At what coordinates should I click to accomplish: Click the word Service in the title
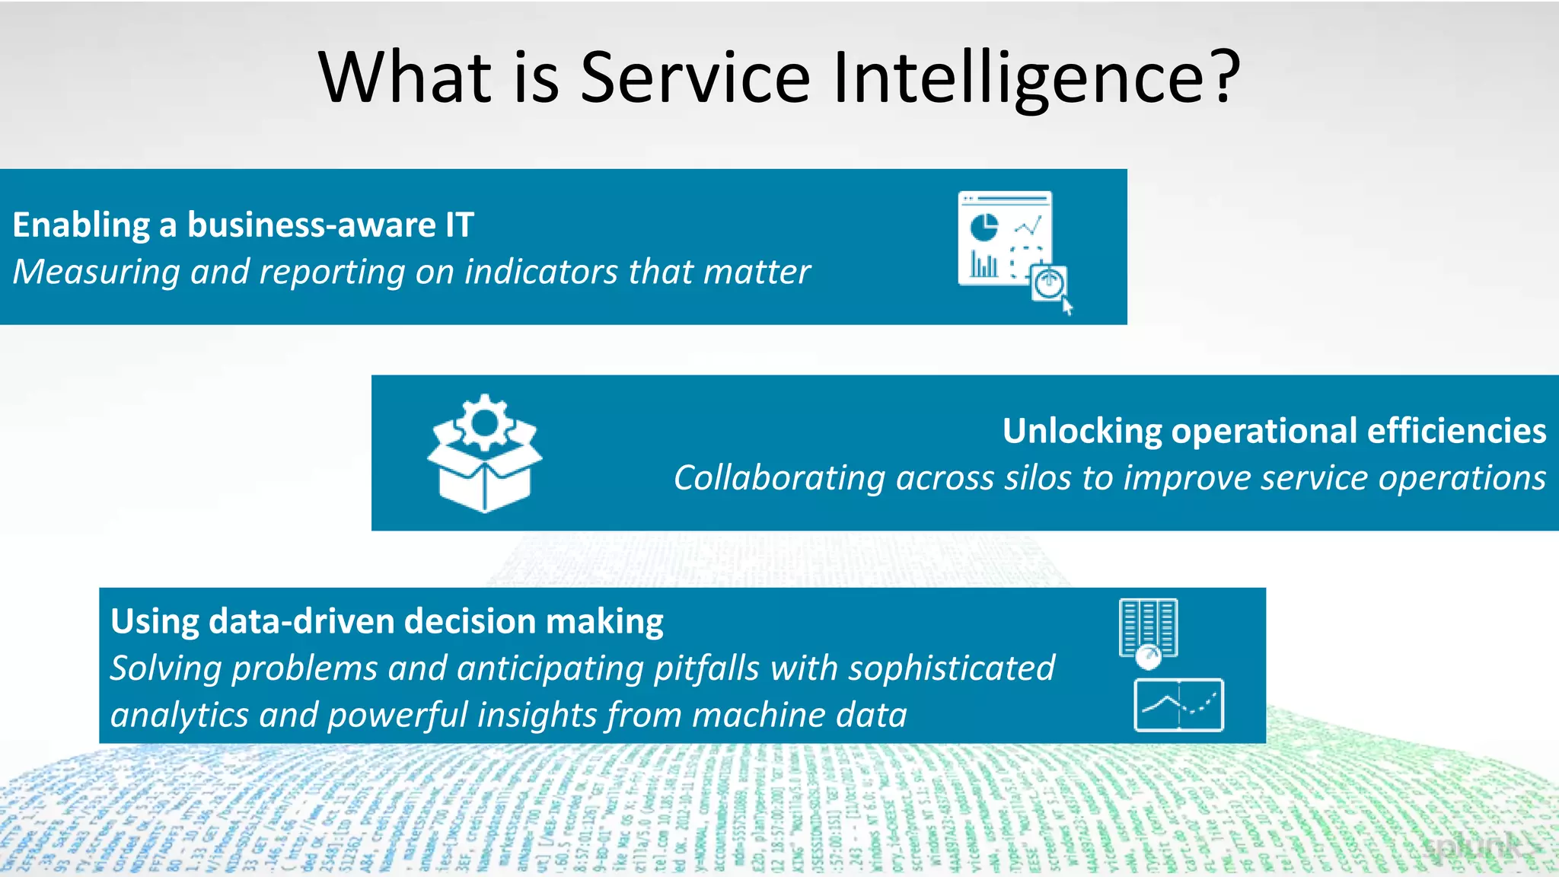pyautogui.click(x=694, y=78)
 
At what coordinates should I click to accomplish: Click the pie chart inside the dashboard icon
pyautogui.click(x=984, y=226)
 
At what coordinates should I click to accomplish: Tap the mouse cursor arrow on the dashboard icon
pyautogui.click(x=1067, y=307)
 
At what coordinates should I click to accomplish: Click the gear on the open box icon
pyautogui.click(x=485, y=421)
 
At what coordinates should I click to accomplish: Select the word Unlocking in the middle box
pyautogui.click(x=1082, y=431)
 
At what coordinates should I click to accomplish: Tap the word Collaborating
pyautogui.click(x=779, y=478)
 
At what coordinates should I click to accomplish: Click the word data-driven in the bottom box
pyautogui.click(x=301, y=621)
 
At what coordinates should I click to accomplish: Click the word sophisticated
pyautogui.click(x=952, y=668)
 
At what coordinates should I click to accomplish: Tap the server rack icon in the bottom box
pyautogui.click(x=1148, y=629)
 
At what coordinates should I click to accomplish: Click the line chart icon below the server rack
pyautogui.click(x=1178, y=705)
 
